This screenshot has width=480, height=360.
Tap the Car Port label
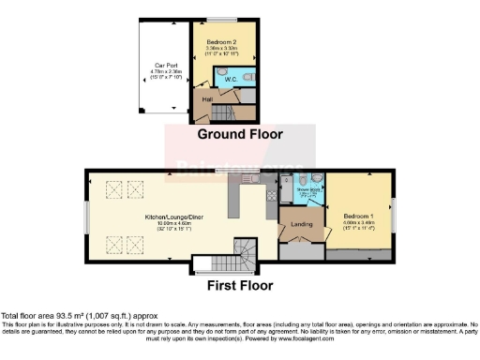(166, 65)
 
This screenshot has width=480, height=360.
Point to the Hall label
(206, 98)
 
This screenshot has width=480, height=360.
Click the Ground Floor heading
(239, 134)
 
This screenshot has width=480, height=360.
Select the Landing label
(302, 222)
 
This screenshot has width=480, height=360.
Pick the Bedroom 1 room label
(358, 212)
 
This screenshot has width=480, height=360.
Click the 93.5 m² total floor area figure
(54, 316)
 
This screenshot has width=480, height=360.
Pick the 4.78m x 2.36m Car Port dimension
(166, 71)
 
